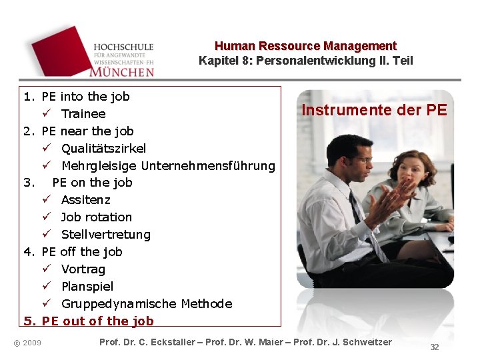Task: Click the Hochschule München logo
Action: [x=93, y=52]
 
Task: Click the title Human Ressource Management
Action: [x=305, y=46]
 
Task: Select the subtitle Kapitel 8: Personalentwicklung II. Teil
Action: [x=305, y=61]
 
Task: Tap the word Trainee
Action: [x=83, y=114]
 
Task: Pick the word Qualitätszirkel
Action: [x=103, y=148]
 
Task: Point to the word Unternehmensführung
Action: [x=208, y=165]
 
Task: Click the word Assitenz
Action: [x=85, y=200]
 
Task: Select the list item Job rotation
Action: [x=96, y=217]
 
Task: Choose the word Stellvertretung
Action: [x=105, y=235]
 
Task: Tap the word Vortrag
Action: [x=83, y=269]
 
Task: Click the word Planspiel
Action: [x=87, y=287]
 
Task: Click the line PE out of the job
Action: [x=97, y=321]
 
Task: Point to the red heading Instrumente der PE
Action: [x=374, y=110]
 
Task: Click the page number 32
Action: [x=435, y=347]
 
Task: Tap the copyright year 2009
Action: [x=31, y=343]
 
